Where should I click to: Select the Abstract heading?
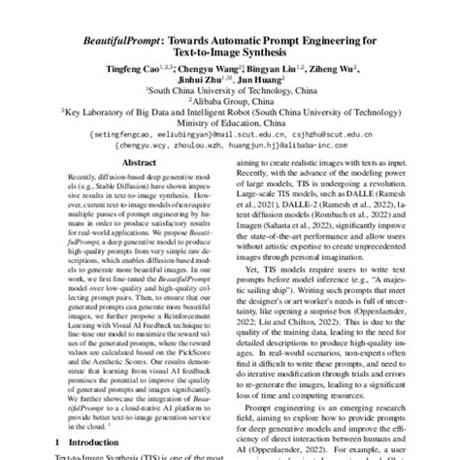tap(132, 165)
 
